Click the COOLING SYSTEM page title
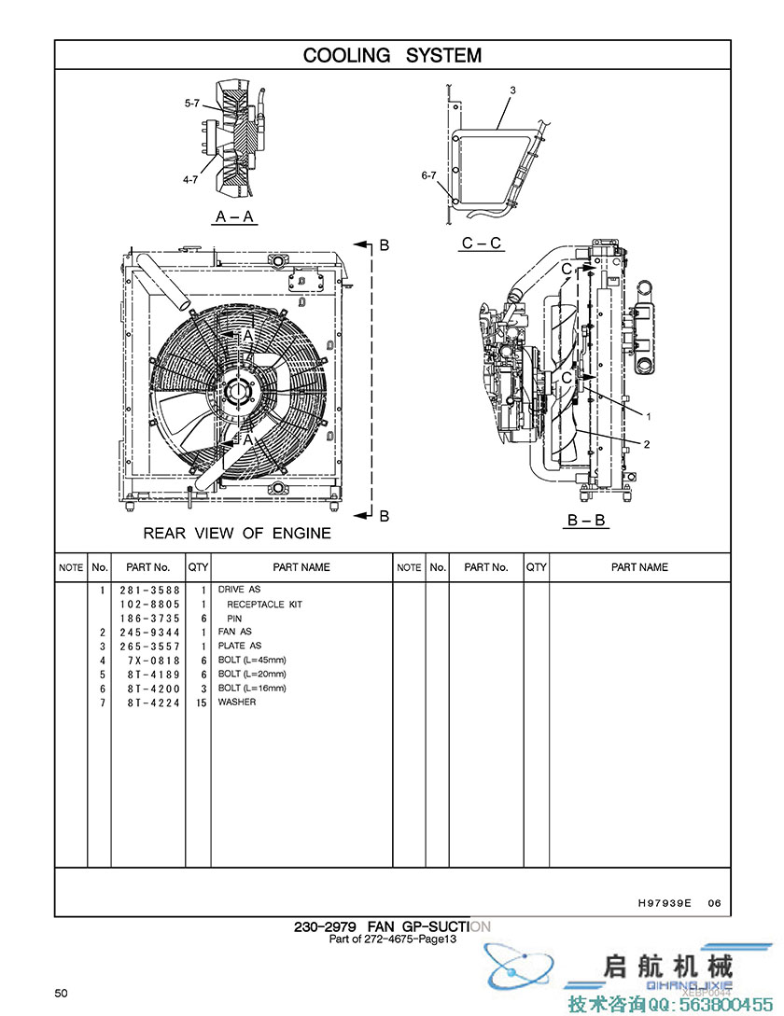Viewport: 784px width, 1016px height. tap(392, 55)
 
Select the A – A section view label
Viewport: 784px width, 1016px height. tap(235, 216)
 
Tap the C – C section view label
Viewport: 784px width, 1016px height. tap(482, 244)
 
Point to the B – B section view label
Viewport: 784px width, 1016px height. tap(587, 521)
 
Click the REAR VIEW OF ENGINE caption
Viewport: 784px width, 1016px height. tap(237, 534)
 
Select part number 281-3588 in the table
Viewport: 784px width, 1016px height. tap(149, 590)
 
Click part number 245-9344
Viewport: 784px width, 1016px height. tap(149, 632)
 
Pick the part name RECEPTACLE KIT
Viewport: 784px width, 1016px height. tap(265, 604)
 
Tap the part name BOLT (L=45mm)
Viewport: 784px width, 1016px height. tap(252, 660)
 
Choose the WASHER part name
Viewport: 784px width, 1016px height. tap(237, 702)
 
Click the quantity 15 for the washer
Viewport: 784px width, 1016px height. tap(201, 702)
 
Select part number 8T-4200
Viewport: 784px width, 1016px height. tap(149, 688)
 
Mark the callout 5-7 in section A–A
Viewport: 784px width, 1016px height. tap(191, 104)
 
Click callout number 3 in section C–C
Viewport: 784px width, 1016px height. tap(512, 90)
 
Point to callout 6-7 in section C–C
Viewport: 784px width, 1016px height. tap(429, 174)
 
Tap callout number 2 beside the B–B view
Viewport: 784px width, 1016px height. tap(647, 442)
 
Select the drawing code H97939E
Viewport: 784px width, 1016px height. tap(665, 903)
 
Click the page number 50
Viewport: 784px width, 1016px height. tap(61, 993)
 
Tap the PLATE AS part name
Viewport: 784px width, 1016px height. tap(240, 646)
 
